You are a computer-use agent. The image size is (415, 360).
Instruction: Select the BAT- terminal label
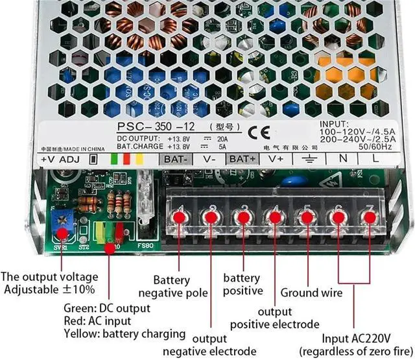point(176,158)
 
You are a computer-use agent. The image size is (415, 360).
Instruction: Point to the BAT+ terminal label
point(243,158)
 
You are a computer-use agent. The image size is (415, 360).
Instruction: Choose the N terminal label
point(344,158)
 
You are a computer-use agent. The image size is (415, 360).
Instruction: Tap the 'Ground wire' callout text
point(311,293)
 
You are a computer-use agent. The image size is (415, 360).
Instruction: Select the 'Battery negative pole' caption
point(181,287)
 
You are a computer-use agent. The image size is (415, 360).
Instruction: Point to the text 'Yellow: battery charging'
point(124,334)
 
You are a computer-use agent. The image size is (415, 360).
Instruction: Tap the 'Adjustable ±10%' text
point(49,289)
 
